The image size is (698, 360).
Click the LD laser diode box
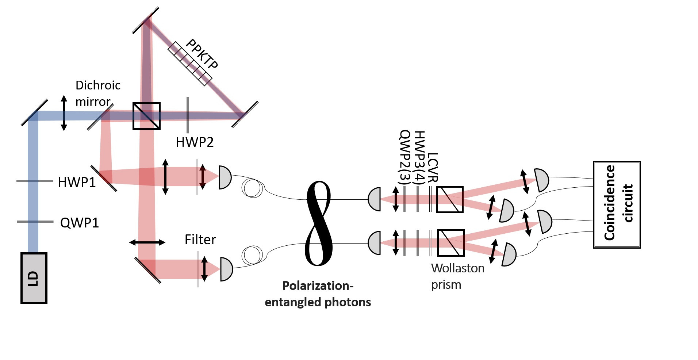point(34,278)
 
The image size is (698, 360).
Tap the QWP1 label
point(80,223)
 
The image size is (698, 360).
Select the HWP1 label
point(77,182)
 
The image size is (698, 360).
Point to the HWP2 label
point(195,142)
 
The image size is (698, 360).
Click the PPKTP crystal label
point(202,54)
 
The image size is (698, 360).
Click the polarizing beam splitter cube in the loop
point(146,116)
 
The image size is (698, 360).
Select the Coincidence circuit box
point(617,204)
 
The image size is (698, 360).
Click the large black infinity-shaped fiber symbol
point(319,223)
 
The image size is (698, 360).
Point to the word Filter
point(200,240)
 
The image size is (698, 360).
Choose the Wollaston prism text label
point(457,276)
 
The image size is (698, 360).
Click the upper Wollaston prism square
point(450,199)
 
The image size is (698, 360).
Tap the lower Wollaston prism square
point(450,243)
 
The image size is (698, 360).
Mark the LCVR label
point(433,168)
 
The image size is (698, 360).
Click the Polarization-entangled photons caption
point(318,294)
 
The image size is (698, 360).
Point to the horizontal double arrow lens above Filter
point(147,242)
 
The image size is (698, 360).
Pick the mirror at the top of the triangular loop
point(146,20)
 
